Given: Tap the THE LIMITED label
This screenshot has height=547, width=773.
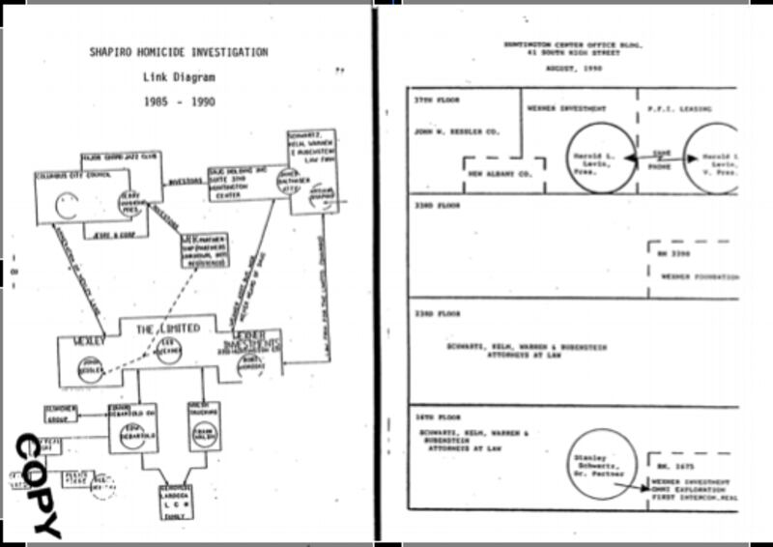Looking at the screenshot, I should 169,330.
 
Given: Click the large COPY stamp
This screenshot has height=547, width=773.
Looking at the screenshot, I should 37,484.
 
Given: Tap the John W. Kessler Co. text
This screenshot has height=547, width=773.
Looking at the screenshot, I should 444,130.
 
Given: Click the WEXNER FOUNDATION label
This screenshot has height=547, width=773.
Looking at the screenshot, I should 696,274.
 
